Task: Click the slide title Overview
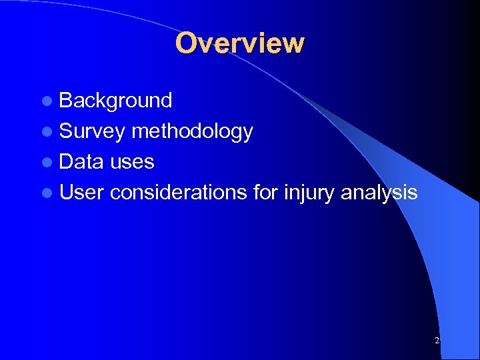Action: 239,43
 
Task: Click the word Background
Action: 115,101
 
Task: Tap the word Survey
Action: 92,131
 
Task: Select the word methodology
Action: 192,131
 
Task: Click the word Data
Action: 82,162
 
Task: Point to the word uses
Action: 132,162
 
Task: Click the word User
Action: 81,193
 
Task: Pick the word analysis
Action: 379,193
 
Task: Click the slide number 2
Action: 437,341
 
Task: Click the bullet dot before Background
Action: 46,101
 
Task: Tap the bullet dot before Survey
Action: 46,132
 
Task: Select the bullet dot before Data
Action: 46,163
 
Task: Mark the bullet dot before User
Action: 46,193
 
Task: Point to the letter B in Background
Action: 66,101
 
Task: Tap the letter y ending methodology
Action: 247,133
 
